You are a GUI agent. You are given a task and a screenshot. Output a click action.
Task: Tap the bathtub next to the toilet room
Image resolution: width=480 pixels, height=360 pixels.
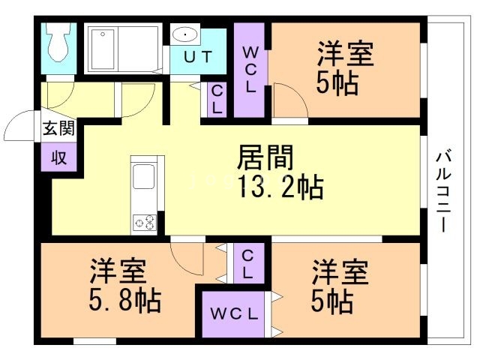coord(121,49)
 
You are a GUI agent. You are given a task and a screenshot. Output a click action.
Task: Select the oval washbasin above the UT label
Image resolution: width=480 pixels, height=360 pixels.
coord(184,34)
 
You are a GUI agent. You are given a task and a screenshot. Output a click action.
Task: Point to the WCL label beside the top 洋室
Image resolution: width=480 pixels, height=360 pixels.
coord(251,70)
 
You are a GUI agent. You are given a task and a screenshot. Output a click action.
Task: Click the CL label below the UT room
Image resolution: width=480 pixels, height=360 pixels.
coord(216,98)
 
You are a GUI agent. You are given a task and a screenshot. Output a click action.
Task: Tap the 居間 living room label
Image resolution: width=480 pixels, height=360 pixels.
coord(264,158)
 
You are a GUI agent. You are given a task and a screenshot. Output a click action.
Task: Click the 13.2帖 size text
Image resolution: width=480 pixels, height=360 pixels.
coord(280,185)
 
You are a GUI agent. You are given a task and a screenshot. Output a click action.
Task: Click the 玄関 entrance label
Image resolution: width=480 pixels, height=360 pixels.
coord(58,127)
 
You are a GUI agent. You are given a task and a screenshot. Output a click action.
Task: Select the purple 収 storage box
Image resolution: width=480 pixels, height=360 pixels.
coord(58,157)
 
